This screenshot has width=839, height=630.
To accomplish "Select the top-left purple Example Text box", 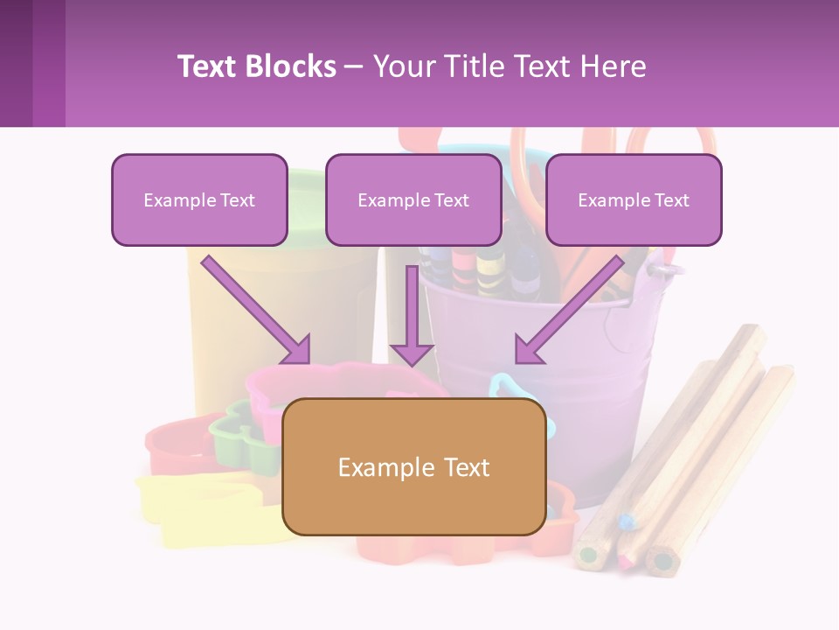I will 199,199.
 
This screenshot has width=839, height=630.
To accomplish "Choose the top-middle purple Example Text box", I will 413,199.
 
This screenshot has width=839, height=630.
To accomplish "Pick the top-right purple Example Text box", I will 634,199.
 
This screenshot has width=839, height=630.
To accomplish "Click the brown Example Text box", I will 413,466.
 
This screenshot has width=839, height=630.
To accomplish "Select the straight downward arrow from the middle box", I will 412,315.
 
